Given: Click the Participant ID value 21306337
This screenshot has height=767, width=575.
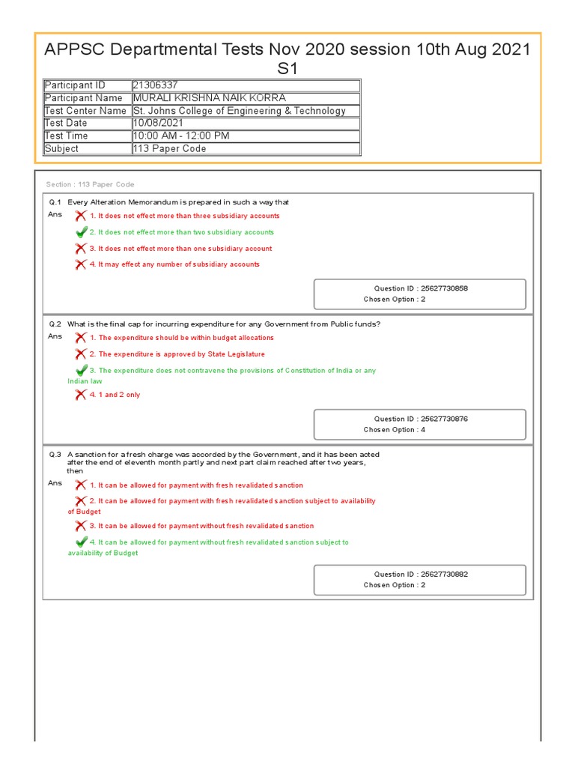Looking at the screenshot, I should click(x=156, y=85).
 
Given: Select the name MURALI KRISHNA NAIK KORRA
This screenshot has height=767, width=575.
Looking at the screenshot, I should click(x=209, y=98).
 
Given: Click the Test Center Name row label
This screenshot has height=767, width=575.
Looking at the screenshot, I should click(x=85, y=111).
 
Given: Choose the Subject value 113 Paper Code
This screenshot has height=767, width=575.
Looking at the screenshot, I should click(x=169, y=149).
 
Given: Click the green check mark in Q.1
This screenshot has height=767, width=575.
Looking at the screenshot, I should click(x=81, y=232).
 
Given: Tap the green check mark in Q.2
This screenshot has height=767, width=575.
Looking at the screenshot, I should click(x=81, y=370).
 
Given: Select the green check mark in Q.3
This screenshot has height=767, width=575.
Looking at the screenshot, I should click(x=81, y=542).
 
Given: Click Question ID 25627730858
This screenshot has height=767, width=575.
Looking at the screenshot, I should click(x=421, y=288).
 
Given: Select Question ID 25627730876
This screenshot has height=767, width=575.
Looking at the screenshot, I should click(x=421, y=419).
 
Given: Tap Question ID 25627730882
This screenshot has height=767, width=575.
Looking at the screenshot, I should click(x=421, y=575).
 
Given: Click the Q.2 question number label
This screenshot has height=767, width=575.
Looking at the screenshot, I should click(x=55, y=324).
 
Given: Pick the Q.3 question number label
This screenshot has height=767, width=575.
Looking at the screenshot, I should click(x=55, y=455).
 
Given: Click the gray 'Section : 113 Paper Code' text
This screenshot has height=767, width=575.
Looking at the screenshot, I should click(x=90, y=184).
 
